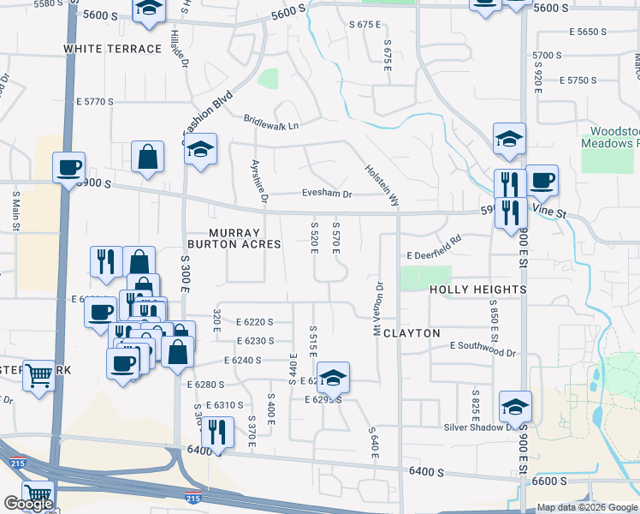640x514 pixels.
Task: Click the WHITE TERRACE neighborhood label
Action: (112, 49)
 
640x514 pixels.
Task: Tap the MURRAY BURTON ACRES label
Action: (246, 238)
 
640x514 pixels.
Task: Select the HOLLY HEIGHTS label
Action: (477, 290)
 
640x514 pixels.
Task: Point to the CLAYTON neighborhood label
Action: (412, 332)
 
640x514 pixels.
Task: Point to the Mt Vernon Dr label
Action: (377, 307)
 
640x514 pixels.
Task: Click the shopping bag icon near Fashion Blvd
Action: (148, 156)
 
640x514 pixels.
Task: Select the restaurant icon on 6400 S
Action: (217, 431)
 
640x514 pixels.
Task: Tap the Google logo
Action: (28, 504)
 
